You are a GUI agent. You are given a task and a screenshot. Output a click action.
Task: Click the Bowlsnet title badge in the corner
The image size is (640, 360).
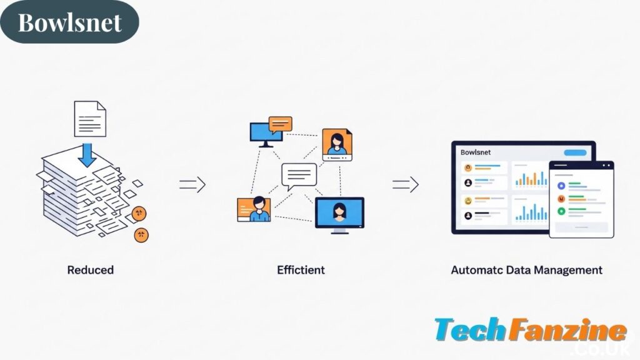pos(69,22)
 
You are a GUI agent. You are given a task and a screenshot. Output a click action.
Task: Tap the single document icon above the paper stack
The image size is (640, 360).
pos(90,119)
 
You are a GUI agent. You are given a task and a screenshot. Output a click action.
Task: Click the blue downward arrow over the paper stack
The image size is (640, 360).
pos(87,153)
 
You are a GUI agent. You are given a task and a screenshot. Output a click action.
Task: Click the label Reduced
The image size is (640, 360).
pos(91,270)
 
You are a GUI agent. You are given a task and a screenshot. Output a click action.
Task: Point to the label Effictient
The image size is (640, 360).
pos(301,270)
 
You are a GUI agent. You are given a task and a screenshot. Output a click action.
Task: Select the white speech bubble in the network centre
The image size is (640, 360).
pos(299,175)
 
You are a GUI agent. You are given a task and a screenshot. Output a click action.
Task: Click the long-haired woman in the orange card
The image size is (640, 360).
pos(336,143)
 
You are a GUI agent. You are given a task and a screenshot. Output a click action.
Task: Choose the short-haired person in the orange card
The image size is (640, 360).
pos(256,209)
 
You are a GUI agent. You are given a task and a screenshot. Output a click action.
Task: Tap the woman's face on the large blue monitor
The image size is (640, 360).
pos(340,210)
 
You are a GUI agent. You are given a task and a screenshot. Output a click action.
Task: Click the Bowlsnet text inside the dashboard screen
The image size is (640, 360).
pos(476,152)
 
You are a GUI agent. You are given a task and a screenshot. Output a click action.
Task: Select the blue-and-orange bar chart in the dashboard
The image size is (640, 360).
pos(531,177)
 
